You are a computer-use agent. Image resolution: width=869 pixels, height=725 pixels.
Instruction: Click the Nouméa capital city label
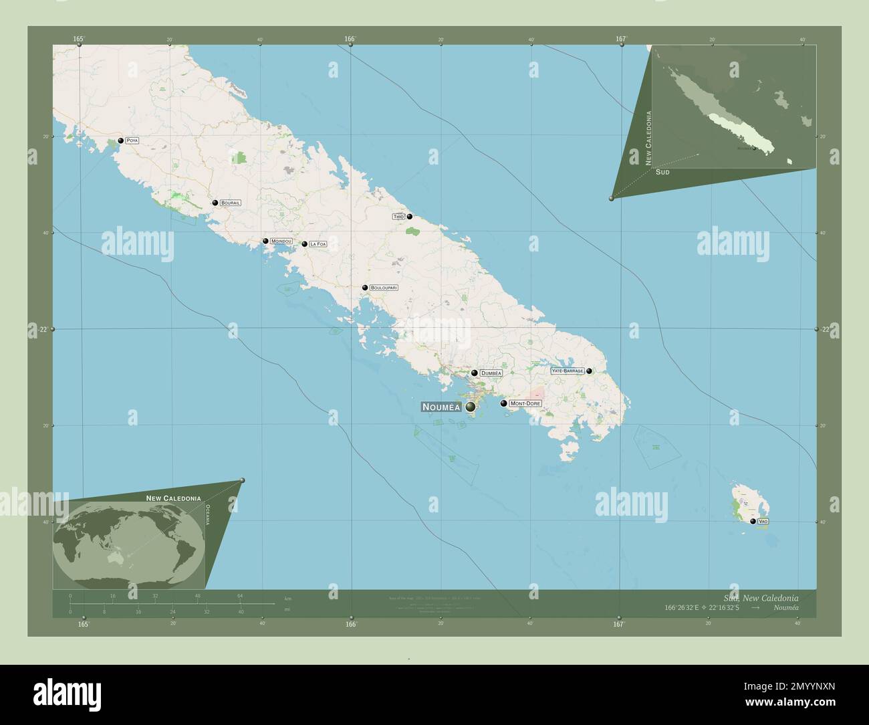click(x=441, y=407)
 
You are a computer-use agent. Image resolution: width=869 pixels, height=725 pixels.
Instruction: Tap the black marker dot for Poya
click(x=120, y=140)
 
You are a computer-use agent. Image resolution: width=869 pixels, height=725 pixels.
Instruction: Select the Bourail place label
click(x=230, y=203)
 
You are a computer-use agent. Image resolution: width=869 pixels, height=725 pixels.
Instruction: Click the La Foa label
click(x=318, y=245)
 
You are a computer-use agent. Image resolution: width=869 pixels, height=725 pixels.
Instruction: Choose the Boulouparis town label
click(x=384, y=288)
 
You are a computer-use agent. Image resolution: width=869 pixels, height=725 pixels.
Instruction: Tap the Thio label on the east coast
click(x=398, y=217)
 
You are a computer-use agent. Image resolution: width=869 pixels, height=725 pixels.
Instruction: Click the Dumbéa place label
click(x=491, y=373)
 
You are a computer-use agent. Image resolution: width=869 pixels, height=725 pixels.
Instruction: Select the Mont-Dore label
click(x=525, y=404)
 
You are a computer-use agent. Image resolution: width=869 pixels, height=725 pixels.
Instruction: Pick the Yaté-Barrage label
click(x=568, y=371)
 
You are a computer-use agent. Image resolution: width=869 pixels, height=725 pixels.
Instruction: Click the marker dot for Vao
click(x=753, y=521)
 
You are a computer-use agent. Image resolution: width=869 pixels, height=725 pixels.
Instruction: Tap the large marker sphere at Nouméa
click(x=471, y=407)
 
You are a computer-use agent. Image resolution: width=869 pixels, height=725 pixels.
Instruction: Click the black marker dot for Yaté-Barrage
click(x=589, y=371)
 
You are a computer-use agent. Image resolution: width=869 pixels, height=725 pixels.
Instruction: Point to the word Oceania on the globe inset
click(x=208, y=514)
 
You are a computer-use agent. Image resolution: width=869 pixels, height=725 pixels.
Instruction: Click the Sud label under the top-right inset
click(x=662, y=172)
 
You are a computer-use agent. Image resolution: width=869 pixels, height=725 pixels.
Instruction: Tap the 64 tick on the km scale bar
click(x=240, y=595)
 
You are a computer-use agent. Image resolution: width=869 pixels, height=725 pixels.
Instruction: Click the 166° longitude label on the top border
click(x=350, y=39)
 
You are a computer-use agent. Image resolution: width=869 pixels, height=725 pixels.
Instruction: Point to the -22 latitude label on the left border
click(x=43, y=329)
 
